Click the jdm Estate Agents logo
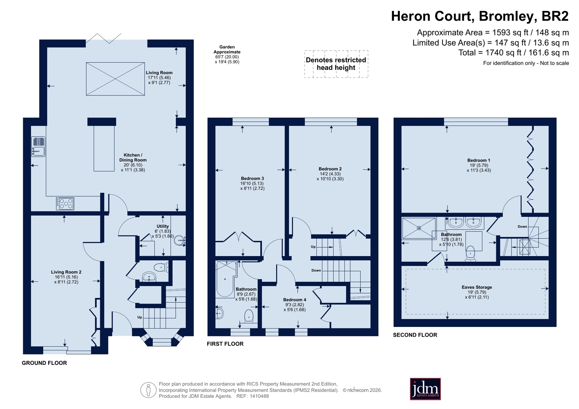[x=425, y=389]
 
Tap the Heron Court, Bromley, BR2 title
[x=480, y=16]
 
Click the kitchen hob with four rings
[x=65, y=204]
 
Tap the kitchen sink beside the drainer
[x=38, y=151]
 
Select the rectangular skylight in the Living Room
[x=115, y=79]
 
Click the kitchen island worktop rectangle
[x=104, y=149]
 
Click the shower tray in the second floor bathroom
[x=419, y=228]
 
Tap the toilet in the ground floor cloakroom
[x=161, y=267]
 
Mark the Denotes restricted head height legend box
[x=336, y=64]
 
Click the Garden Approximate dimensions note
[x=227, y=54]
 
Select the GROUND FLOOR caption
[x=44, y=363]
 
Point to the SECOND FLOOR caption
[x=415, y=335]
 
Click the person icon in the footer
[x=148, y=390]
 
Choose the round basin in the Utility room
[x=179, y=240]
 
